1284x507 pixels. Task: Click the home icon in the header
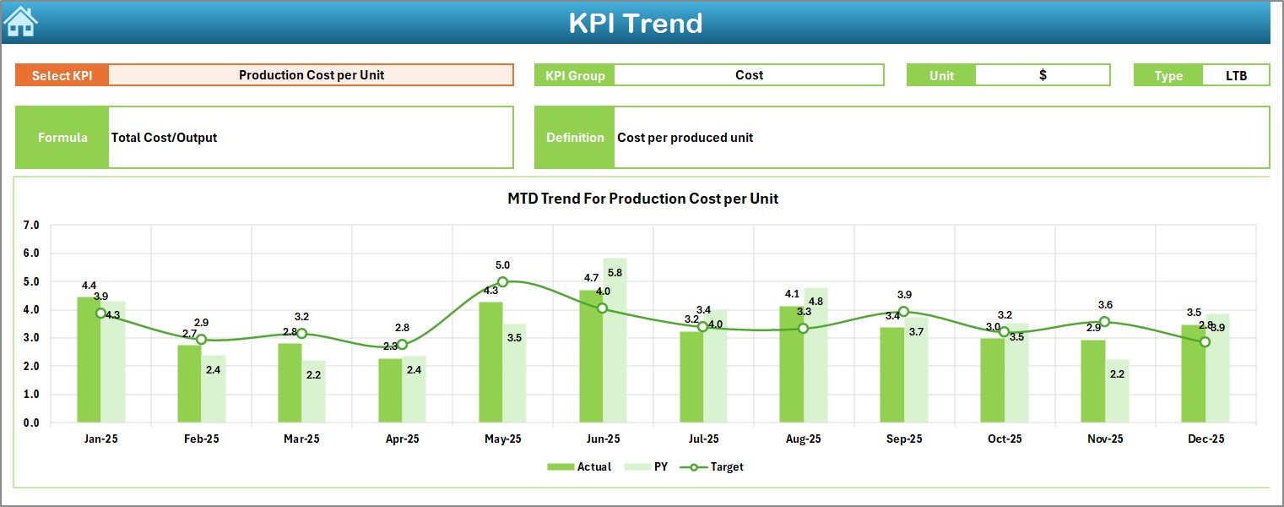point(20,21)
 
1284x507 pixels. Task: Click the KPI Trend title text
point(635,23)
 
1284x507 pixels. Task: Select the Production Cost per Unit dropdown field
point(311,75)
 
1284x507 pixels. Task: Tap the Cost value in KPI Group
point(749,75)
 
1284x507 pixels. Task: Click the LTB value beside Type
point(1236,75)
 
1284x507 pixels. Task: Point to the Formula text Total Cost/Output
point(164,138)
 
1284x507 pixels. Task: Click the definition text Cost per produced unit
point(685,138)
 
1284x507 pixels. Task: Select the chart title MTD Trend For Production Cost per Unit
point(642,199)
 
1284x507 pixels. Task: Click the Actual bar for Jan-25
point(89,359)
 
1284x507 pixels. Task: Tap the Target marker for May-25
point(502,282)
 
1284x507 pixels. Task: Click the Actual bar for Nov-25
point(1092,381)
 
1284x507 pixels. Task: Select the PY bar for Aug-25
point(815,355)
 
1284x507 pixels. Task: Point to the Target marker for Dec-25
point(1205,342)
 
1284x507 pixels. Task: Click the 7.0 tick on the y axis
point(31,226)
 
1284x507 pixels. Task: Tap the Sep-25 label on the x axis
point(904,439)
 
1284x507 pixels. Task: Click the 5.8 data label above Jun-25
point(615,273)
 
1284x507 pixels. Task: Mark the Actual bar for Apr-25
point(390,390)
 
